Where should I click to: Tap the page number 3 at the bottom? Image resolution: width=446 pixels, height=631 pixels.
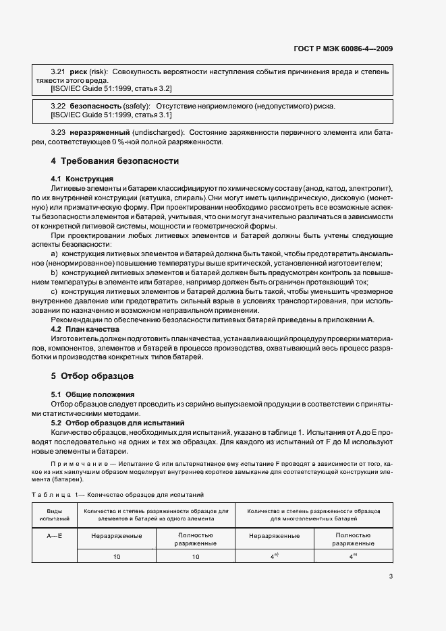point(391,576)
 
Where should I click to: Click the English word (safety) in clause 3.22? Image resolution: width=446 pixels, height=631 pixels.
point(137,106)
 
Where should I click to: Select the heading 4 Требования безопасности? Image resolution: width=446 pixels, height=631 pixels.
point(115,161)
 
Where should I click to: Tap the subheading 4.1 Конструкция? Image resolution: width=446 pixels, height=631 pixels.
point(82,178)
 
